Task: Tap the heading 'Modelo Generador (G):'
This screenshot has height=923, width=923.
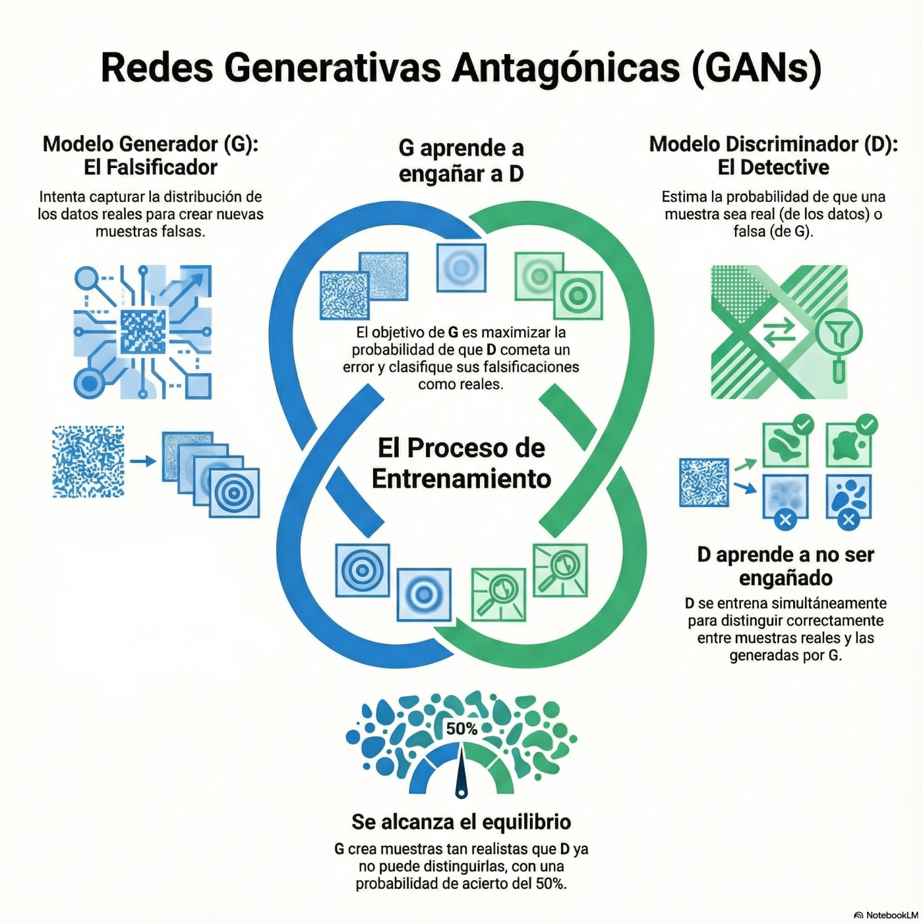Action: [150, 144]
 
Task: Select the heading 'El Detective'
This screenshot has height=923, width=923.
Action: [773, 167]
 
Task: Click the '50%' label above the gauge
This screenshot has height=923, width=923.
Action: [461, 729]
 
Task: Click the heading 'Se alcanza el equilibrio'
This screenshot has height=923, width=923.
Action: [461, 822]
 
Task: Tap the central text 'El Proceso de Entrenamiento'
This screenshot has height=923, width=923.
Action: [461, 463]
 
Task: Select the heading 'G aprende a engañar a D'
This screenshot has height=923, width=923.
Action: [461, 160]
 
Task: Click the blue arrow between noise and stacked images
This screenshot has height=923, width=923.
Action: [142, 461]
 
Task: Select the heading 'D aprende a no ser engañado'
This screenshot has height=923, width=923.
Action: [785, 566]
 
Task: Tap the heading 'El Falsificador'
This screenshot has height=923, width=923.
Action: [150, 167]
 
